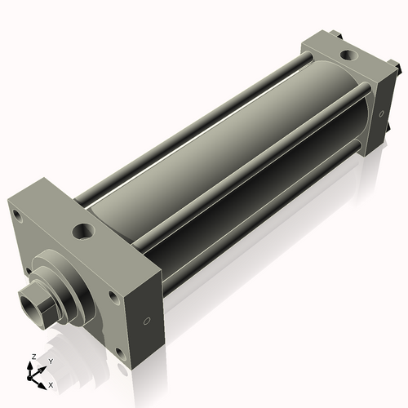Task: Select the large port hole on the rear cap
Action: point(348,56)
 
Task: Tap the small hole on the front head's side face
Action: point(146,320)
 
